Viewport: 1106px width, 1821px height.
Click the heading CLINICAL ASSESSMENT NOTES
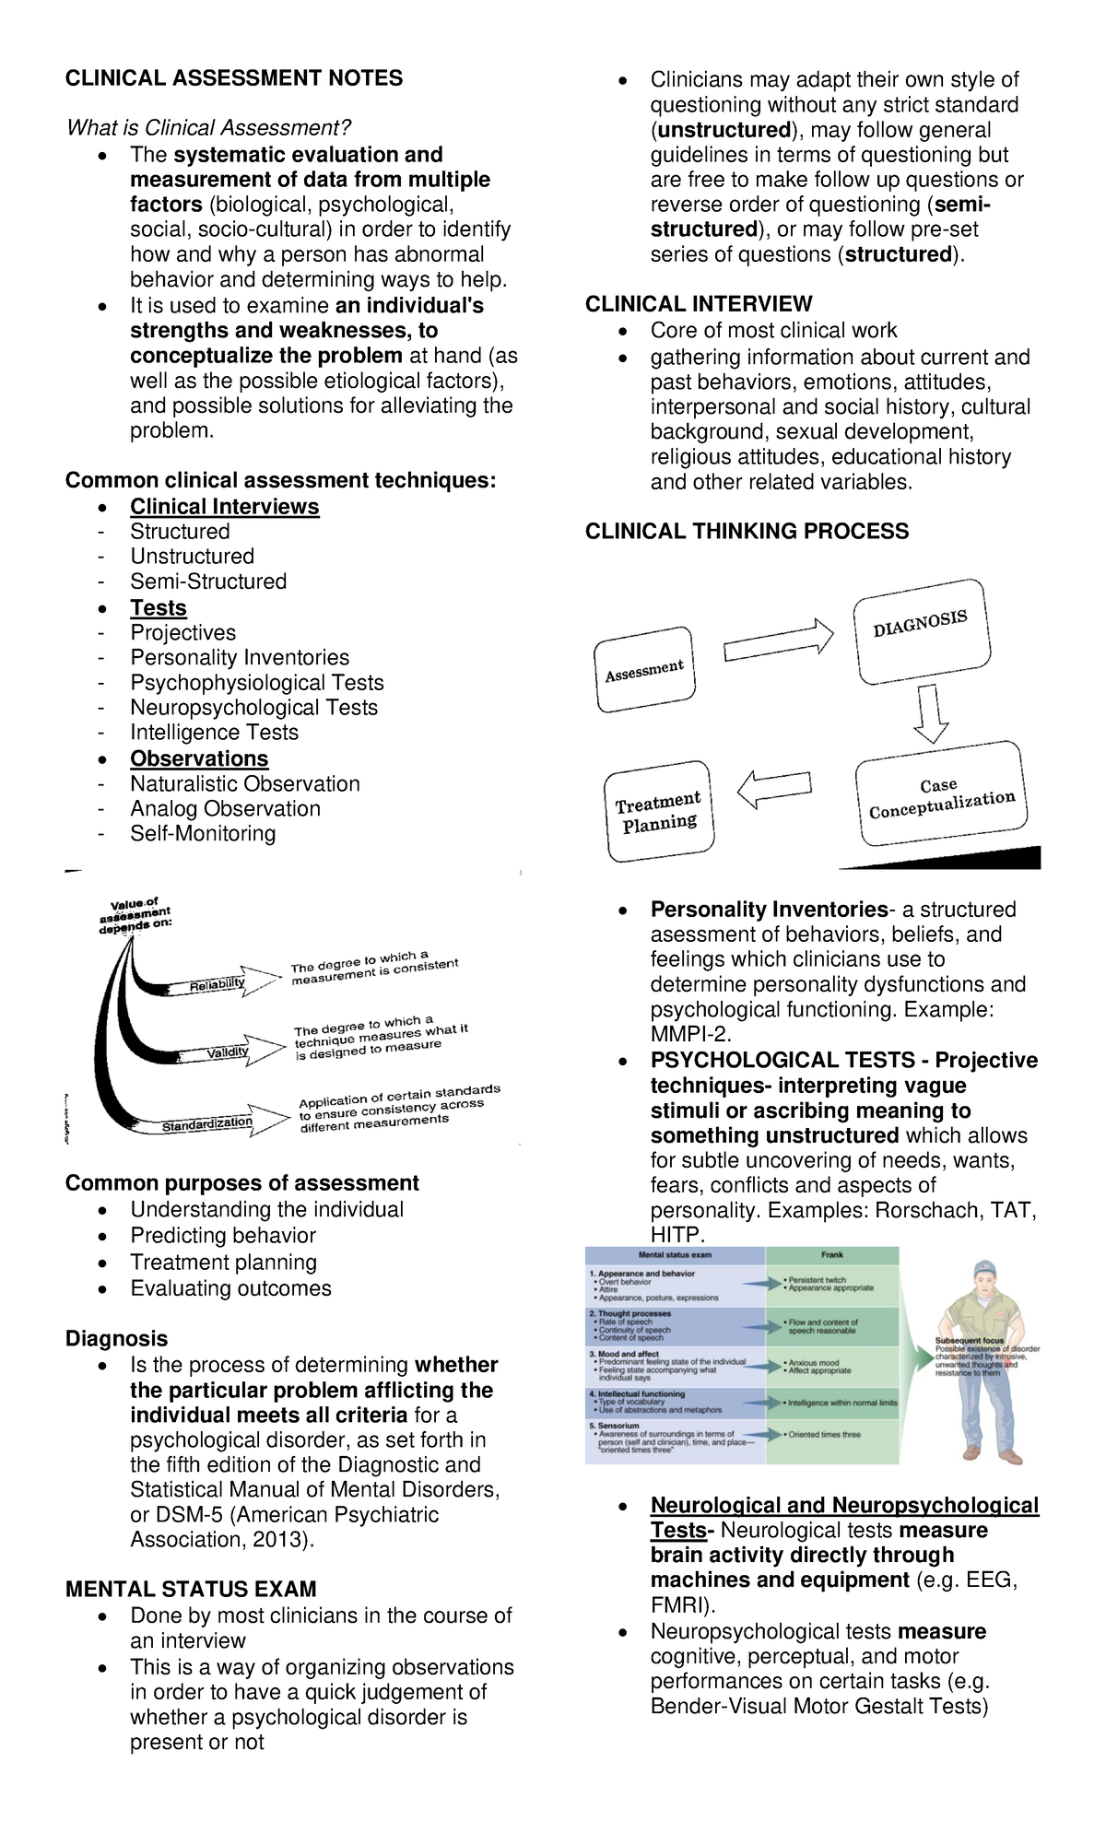[x=233, y=78]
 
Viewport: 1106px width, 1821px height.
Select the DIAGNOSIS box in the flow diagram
[x=922, y=631]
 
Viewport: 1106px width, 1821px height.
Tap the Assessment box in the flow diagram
[x=644, y=670]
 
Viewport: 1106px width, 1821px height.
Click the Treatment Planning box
[x=658, y=811]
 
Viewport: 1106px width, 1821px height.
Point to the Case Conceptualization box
[x=940, y=795]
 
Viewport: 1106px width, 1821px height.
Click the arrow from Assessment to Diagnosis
[x=778, y=642]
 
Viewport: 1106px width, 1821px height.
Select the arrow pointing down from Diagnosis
[x=930, y=714]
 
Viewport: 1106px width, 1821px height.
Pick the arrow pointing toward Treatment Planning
[x=774, y=788]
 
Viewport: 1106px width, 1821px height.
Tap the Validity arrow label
[x=228, y=1052]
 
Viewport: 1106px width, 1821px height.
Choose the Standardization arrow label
[x=207, y=1122]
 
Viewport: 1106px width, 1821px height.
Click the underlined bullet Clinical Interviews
[x=224, y=507]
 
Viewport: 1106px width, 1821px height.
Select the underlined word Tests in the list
[x=158, y=608]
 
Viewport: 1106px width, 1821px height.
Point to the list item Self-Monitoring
[x=203, y=833]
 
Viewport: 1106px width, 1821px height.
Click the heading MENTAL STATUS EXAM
[x=191, y=1589]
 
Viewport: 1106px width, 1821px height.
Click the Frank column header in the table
[x=831, y=1254]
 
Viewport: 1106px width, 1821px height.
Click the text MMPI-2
[x=690, y=1034]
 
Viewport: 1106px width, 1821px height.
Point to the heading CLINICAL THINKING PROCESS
[x=747, y=531]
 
